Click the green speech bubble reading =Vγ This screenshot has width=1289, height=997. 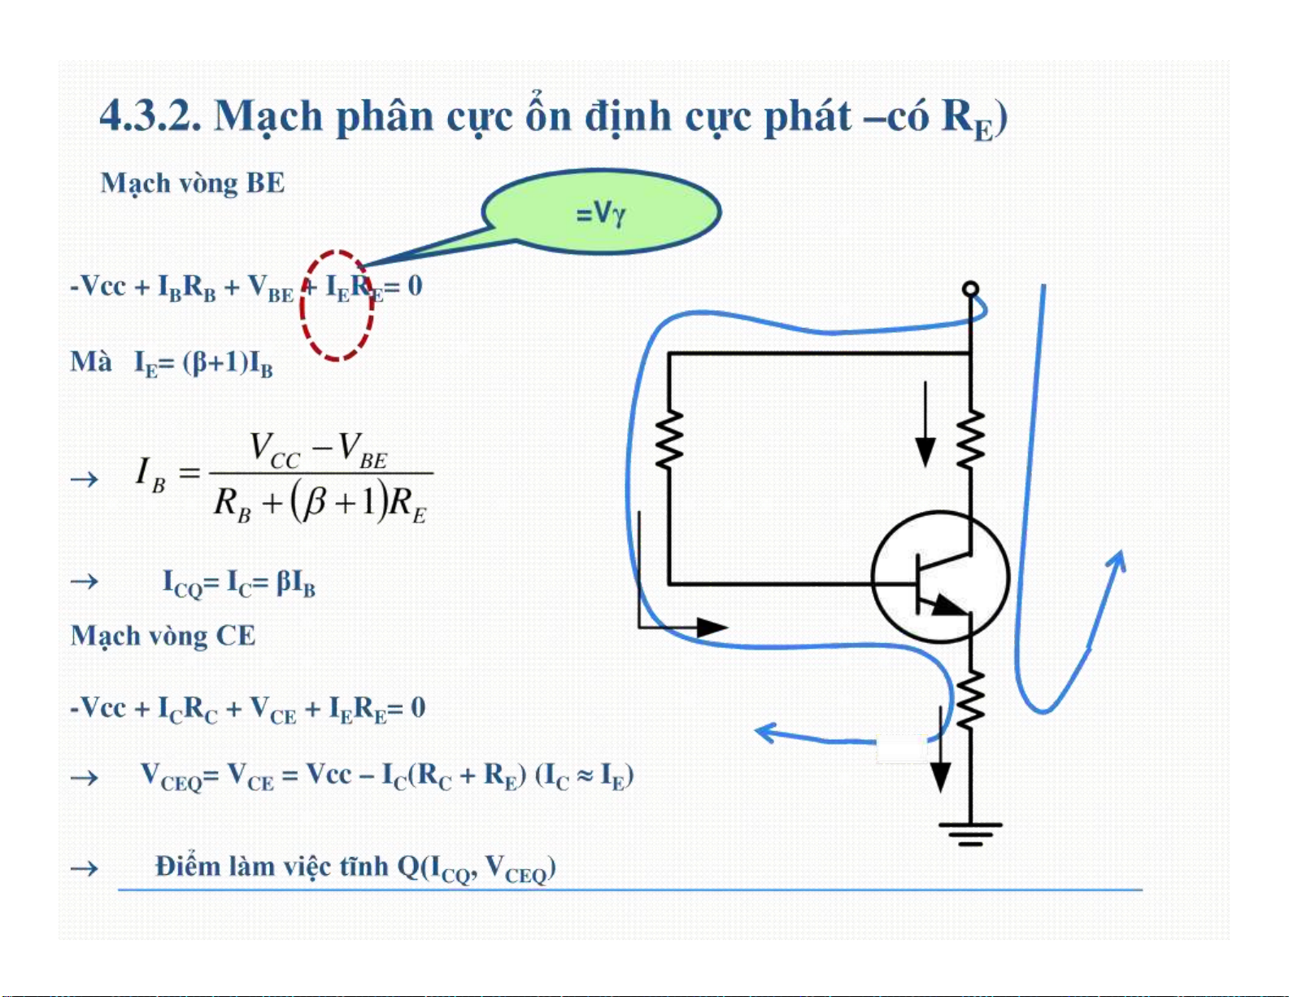(x=601, y=212)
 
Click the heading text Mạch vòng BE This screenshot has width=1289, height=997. (x=193, y=183)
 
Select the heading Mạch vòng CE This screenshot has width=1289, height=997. (x=163, y=636)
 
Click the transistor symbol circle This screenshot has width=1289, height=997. (x=940, y=579)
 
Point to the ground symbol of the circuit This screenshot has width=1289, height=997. (x=970, y=833)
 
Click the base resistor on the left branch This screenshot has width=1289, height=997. (x=668, y=439)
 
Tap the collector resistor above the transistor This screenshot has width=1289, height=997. (x=970, y=439)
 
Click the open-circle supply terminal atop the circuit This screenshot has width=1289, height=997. (x=970, y=289)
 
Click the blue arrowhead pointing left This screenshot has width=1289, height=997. (x=765, y=731)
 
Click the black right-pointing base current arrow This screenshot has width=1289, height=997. (x=712, y=627)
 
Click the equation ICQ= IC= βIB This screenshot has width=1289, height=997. (x=239, y=583)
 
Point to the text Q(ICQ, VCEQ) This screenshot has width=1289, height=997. (x=477, y=868)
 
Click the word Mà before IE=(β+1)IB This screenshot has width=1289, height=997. (x=91, y=361)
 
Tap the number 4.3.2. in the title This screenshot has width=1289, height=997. (x=150, y=116)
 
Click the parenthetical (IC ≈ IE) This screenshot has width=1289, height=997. (x=584, y=775)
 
